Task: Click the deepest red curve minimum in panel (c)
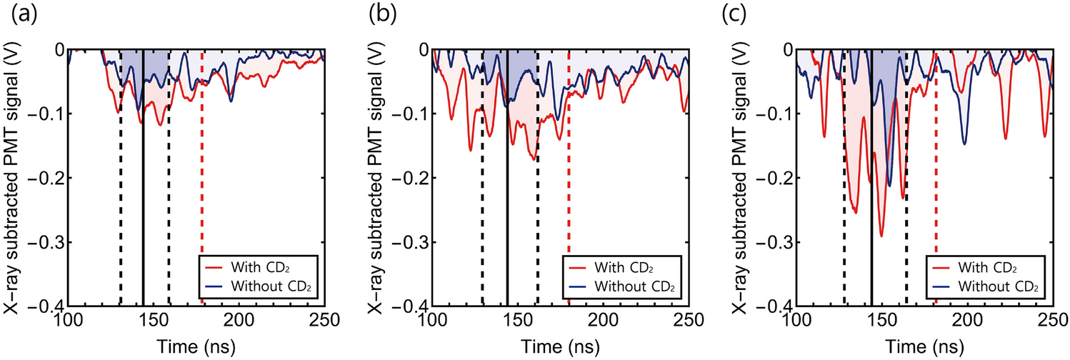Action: pyautogui.click(x=881, y=236)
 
